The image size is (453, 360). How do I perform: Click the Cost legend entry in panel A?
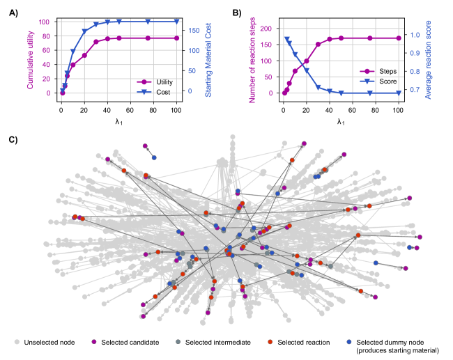(158, 91)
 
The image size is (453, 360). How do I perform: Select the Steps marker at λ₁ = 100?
(398, 38)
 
